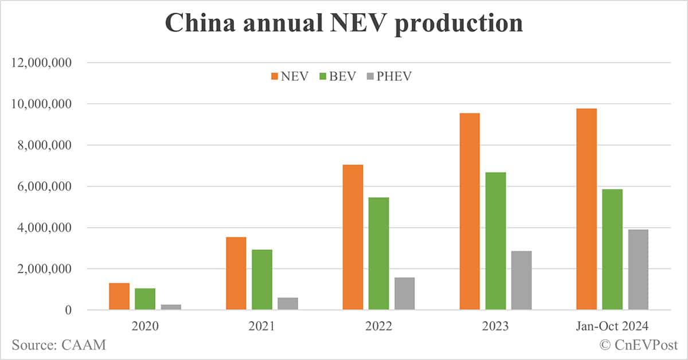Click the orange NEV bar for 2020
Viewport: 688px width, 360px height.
click(119, 296)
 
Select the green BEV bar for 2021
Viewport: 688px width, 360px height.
click(262, 280)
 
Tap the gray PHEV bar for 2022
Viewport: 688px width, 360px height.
click(405, 294)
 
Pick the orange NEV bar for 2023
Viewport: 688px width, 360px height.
click(470, 212)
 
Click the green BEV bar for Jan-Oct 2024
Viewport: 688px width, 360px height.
click(612, 249)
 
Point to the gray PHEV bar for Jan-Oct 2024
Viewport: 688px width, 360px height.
click(638, 269)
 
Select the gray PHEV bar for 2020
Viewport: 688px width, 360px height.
click(171, 307)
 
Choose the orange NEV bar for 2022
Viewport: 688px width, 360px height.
click(353, 237)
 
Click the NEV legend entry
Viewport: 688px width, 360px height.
click(290, 76)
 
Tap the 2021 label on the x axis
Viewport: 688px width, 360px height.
click(261, 326)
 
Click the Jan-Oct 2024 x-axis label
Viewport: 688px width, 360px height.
click(612, 326)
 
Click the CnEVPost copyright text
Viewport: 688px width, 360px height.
click(639, 345)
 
